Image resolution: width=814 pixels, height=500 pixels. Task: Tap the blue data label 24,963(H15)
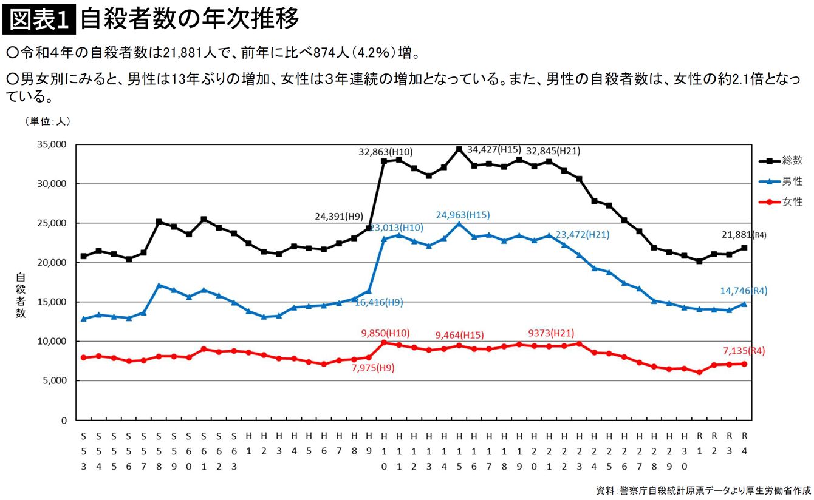463,215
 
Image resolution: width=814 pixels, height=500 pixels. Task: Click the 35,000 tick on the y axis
52,144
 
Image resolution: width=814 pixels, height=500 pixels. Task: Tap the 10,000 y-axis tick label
52,341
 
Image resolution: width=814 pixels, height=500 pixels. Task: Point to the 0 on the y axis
64,420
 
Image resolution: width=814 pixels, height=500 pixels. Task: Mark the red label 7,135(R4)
742,350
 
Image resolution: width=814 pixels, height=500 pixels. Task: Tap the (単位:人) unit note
48,121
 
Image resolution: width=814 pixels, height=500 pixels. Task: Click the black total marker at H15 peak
459,149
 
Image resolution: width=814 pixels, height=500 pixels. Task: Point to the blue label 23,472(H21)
582,235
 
